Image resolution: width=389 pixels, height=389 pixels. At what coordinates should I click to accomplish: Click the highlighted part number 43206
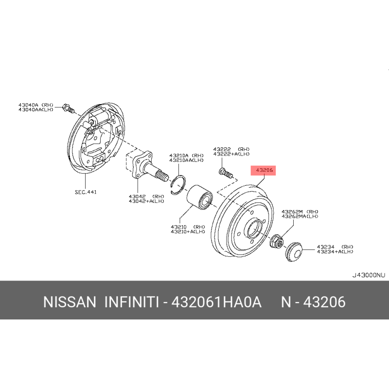[x=263, y=170]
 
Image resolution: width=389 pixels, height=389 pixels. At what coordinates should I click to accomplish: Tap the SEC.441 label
[x=86, y=192]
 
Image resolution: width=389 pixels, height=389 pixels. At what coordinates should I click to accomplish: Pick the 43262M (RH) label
[x=300, y=212]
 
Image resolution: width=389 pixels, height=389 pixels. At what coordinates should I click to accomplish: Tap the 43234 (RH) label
[x=335, y=247]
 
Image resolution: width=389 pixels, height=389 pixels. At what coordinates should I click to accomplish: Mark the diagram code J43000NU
[x=369, y=275]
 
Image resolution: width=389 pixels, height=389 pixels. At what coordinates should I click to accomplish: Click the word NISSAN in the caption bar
[x=70, y=302]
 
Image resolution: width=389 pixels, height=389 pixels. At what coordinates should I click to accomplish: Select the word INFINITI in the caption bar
[x=132, y=302]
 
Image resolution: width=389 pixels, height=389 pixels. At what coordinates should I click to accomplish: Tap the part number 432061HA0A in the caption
[x=216, y=302]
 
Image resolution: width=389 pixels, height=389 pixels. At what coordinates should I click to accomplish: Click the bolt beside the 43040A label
[x=68, y=108]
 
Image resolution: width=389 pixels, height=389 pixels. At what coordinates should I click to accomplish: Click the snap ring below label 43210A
[x=180, y=185]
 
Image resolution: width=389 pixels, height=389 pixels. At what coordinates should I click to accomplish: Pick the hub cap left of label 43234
[x=293, y=251]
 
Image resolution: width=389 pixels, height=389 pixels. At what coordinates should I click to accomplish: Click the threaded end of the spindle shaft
[x=162, y=174]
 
